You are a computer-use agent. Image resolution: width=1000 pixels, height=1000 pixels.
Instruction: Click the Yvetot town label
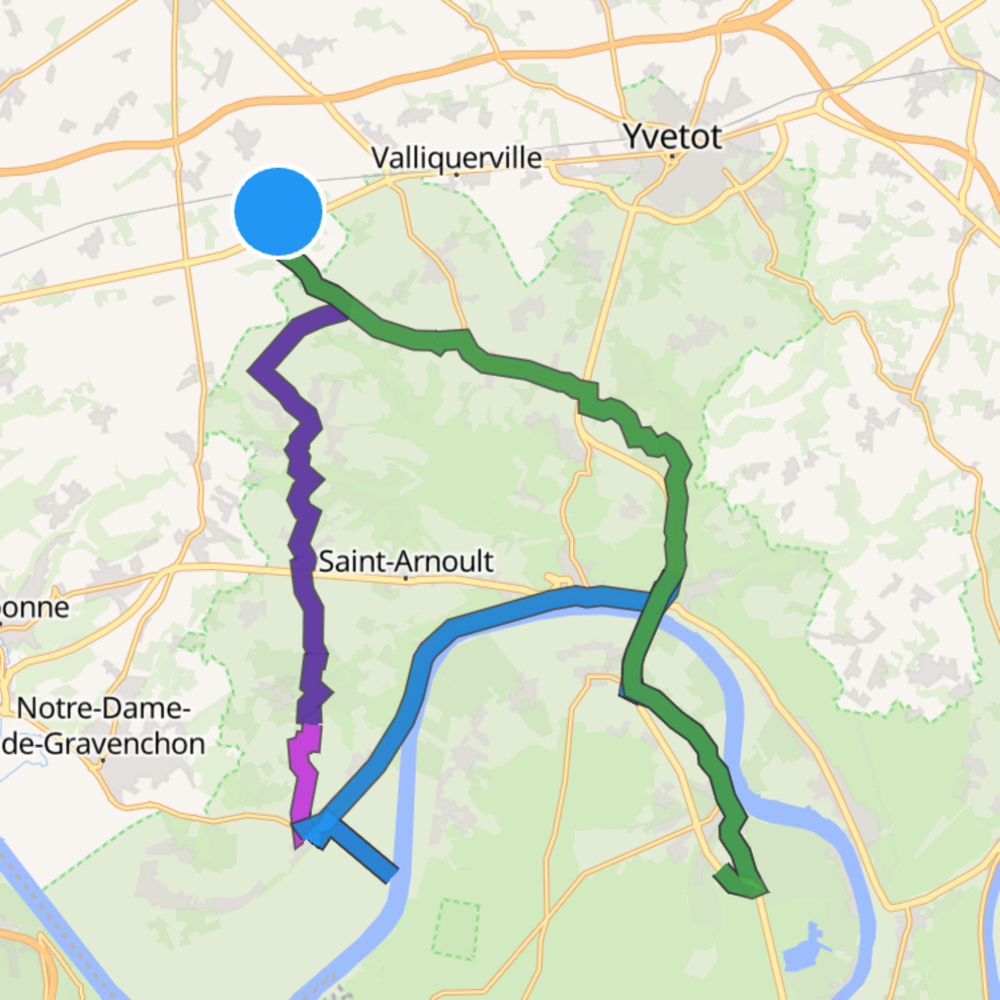click(673, 137)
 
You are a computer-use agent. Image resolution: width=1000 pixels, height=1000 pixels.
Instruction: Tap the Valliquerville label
click(456, 158)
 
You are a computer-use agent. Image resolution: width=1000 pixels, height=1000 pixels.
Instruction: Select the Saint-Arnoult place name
click(405, 562)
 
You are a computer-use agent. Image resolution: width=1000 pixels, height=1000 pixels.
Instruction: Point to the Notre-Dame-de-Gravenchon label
click(103, 726)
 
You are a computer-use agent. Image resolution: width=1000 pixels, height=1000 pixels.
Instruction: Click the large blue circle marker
click(278, 211)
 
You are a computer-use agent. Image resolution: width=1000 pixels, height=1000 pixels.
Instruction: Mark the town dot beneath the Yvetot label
click(671, 157)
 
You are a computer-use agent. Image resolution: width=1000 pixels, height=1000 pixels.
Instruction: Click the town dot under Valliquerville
click(456, 175)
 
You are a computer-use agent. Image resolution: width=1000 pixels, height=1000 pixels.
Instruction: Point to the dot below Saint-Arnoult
click(405, 579)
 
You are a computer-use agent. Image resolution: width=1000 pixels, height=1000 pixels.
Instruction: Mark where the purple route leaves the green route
click(341, 311)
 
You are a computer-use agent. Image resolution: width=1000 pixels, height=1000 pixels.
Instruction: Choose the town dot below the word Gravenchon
click(104, 761)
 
